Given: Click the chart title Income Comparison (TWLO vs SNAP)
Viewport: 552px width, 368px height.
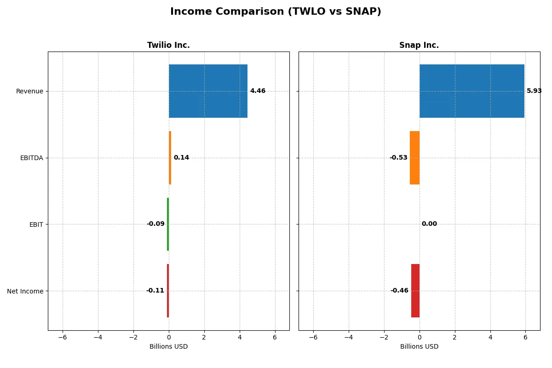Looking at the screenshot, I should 276,11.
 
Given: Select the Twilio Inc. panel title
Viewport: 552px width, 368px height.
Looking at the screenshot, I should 168,45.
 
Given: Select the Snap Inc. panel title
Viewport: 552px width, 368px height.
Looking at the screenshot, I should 419,45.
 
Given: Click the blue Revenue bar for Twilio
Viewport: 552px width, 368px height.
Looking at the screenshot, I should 208,91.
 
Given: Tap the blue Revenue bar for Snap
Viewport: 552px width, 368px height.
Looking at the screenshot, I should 471,91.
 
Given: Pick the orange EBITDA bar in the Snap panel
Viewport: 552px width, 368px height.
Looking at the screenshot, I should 414,158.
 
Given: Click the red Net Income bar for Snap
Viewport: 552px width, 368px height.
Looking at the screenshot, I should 415,291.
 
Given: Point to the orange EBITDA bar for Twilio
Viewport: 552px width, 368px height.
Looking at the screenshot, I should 170,158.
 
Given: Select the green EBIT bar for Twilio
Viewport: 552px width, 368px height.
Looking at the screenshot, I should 168,224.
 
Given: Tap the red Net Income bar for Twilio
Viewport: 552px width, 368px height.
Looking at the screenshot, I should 168,291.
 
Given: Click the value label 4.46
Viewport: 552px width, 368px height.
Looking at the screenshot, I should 258,91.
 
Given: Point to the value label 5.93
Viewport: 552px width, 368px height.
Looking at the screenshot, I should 534,91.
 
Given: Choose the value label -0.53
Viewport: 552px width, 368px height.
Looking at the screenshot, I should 398,158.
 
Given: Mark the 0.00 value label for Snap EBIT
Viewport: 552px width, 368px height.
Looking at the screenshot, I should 429,224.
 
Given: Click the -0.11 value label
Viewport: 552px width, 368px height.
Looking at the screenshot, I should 155,291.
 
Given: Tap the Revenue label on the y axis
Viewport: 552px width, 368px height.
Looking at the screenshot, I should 29,91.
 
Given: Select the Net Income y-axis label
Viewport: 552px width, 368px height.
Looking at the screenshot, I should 25,291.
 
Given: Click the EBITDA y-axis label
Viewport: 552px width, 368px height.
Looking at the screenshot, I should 31,158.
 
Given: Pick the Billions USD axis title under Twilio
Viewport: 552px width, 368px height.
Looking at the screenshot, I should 168,346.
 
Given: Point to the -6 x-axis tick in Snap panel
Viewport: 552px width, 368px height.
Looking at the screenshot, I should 313,337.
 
